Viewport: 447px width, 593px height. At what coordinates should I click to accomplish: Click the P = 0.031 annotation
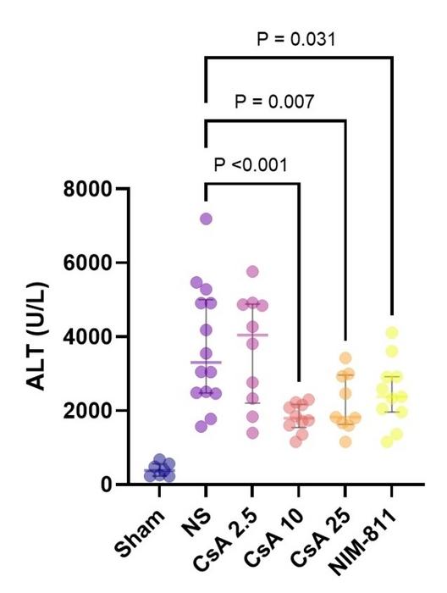coord(297,40)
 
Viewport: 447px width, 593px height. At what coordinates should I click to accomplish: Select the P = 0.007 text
coord(274,103)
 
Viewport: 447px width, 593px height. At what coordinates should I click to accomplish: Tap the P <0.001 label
coord(251,164)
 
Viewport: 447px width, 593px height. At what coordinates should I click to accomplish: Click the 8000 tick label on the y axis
coord(89,189)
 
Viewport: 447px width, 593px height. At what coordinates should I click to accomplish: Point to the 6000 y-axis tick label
coord(89,263)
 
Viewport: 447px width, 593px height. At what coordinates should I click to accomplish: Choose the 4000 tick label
coord(89,337)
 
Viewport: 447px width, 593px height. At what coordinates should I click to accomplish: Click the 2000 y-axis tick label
coord(89,411)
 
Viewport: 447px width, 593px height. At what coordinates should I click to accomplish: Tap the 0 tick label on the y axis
coord(107,485)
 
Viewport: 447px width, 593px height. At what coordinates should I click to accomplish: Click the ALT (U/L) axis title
coord(36,337)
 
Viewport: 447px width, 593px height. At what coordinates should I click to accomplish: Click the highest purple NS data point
coord(206,219)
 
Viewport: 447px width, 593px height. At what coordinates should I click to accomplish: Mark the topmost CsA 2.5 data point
coord(251,272)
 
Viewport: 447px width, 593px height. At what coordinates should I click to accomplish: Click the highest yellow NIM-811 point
coord(390,333)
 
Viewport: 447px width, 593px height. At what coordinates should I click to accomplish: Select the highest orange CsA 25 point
coord(345,358)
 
